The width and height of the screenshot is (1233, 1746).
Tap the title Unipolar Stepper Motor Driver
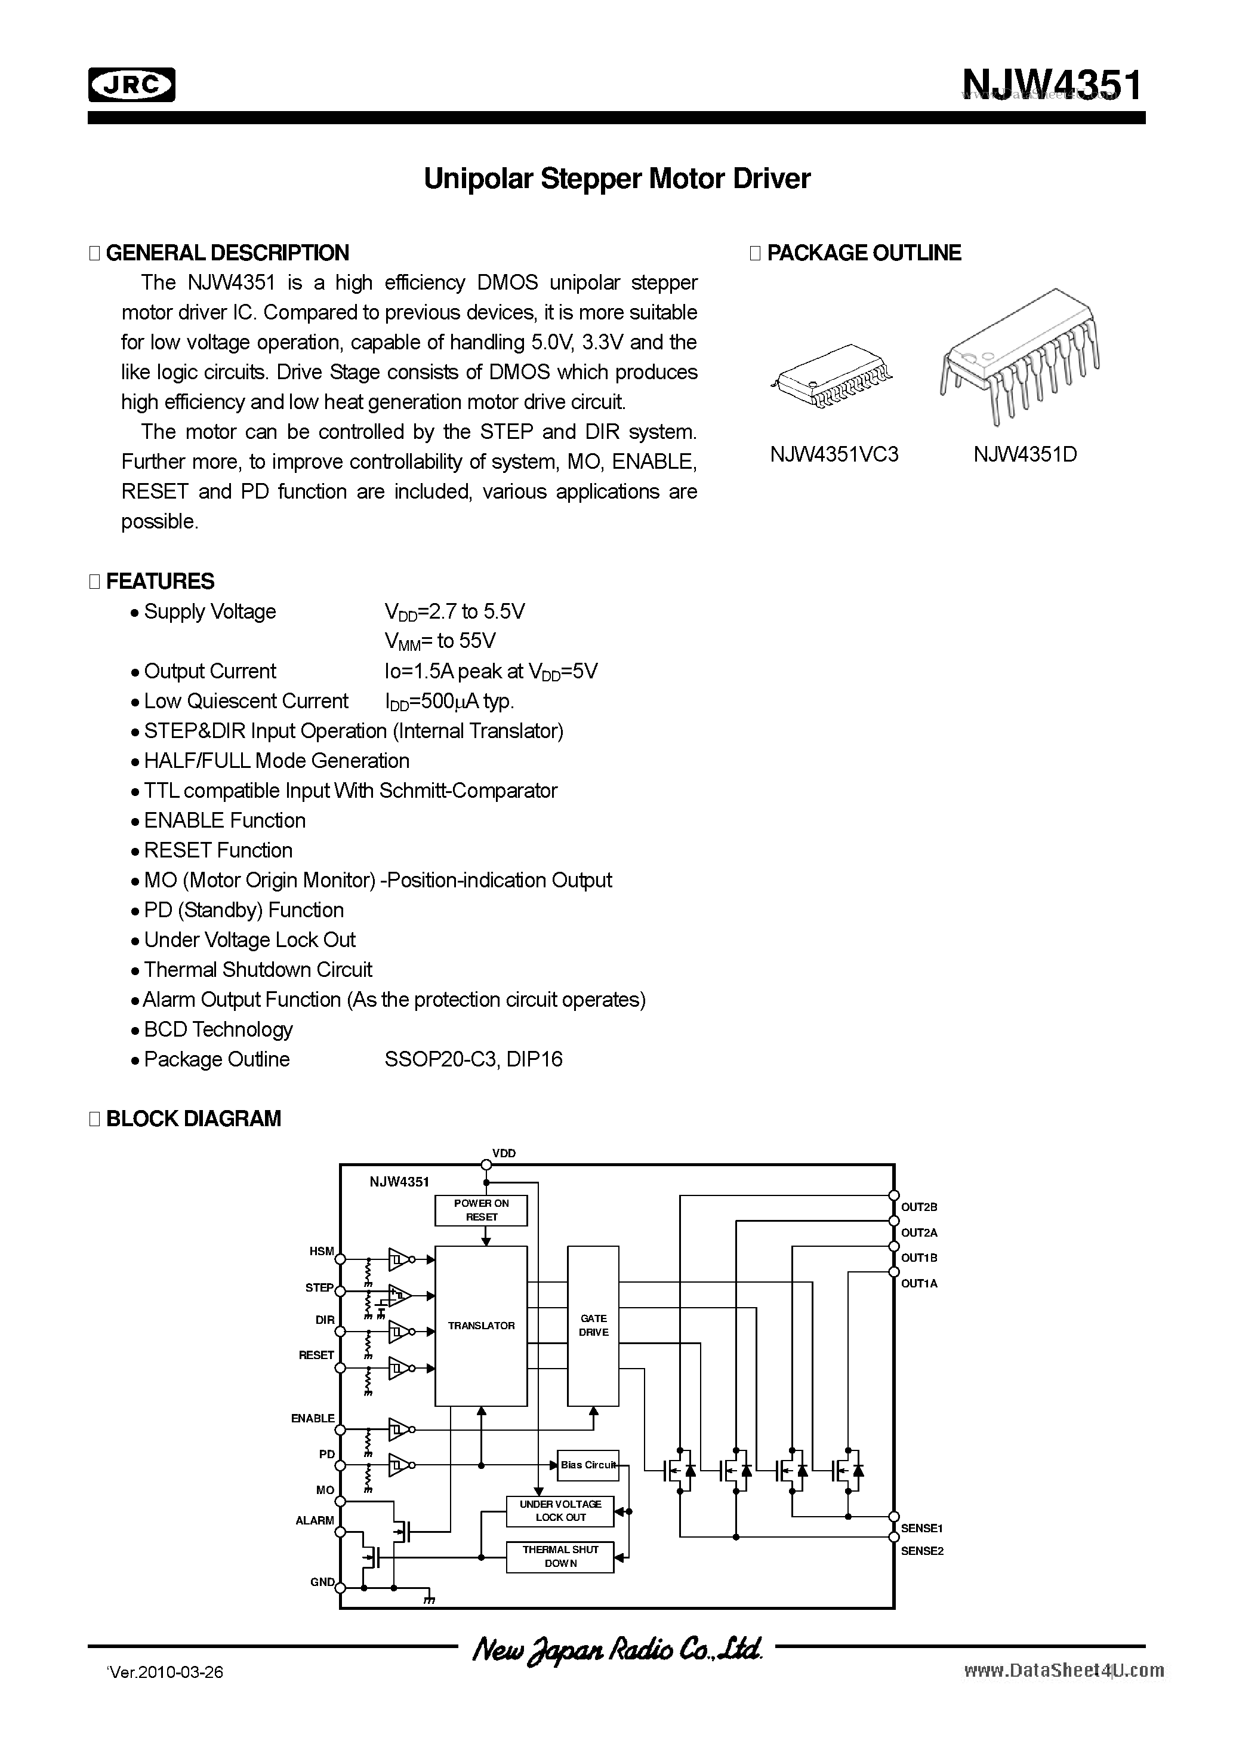(616, 179)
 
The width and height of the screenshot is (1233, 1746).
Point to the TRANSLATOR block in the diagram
(480, 1326)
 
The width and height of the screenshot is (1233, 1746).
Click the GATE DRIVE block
(593, 1326)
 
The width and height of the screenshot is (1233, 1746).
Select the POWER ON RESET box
(481, 1210)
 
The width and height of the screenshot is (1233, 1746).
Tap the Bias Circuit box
(588, 1465)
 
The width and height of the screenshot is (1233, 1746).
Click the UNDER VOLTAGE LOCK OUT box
(560, 1510)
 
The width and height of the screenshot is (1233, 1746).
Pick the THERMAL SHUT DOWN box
(560, 1556)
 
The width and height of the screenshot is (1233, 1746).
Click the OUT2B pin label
(919, 1207)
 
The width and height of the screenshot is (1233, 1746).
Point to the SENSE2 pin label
(921, 1551)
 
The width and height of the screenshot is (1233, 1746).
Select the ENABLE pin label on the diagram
(313, 1418)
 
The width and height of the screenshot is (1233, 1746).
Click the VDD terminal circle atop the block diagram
(486, 1164)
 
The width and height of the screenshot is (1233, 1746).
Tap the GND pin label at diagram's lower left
(322, 1582)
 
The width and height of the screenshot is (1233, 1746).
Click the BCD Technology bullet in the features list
(218, 1029)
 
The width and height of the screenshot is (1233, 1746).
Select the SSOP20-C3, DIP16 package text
(473, 1059)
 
